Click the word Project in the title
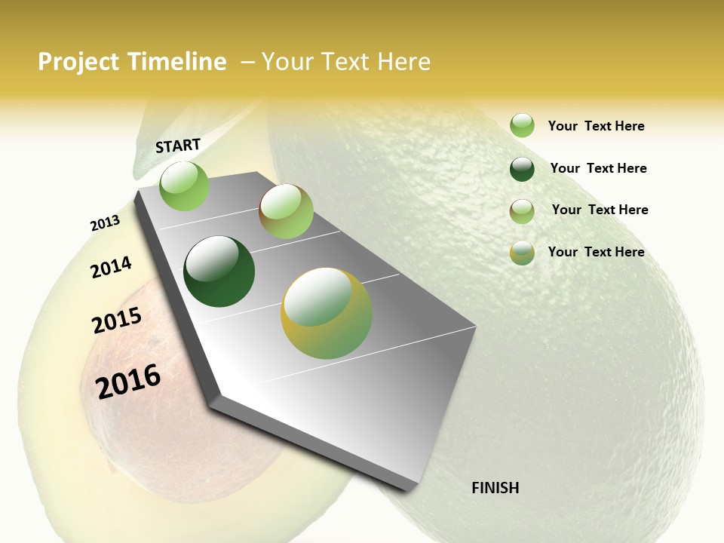pos(78,63)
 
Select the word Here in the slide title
pos(403,62)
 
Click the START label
pos(178,146)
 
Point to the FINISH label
pos(495,488)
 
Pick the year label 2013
pos(105,223)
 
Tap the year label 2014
pos(111,267)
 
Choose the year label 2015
pos(117,321)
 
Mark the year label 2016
pos(128,381)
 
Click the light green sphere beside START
pos(184,186)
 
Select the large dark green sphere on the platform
pos(219,271)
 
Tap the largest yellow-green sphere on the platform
pos(327,313)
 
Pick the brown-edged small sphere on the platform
pos(286,211)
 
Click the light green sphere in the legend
pos(522,125)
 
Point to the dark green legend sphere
pos(522,169)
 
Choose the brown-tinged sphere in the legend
pos(522,211)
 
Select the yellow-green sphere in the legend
pos(522,253)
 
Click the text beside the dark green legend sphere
pos(598,168)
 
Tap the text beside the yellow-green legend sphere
pos(596,252)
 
